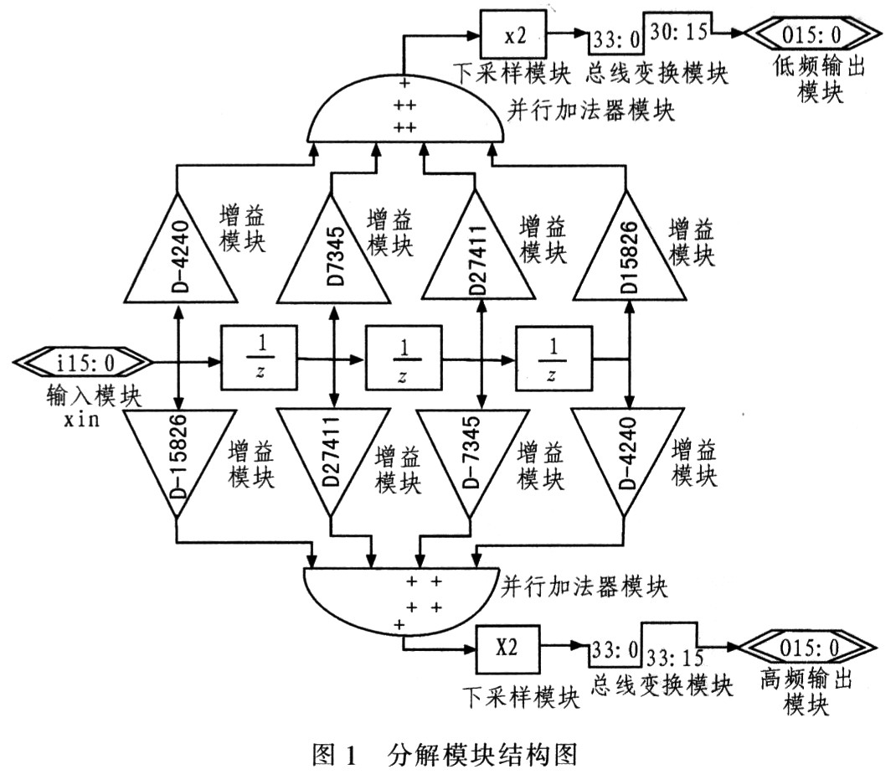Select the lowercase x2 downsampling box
513,34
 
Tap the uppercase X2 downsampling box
507,649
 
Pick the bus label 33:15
675,658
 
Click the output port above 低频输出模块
812,34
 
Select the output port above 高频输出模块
807,648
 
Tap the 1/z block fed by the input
260,358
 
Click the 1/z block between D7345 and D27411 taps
404,358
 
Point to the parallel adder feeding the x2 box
406,109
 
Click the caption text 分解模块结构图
482,756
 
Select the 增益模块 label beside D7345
389,232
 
